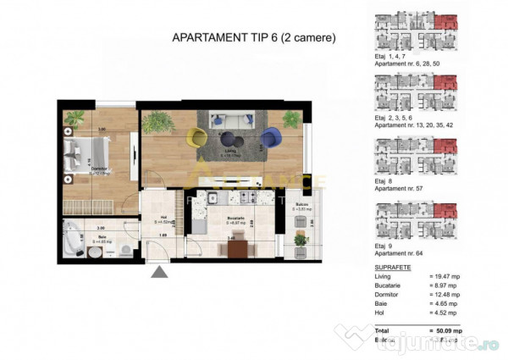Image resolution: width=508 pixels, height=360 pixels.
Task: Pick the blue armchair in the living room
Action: pyautogui.click(x=271, y=136)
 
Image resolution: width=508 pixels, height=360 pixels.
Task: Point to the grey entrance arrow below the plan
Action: pyautogui.click(x=157, y=272)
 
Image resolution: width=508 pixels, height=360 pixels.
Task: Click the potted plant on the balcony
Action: pyautogui.click(x=299, y=241)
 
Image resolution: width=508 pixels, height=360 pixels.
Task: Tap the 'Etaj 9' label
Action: pyautogui.click(x=382, y=245)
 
